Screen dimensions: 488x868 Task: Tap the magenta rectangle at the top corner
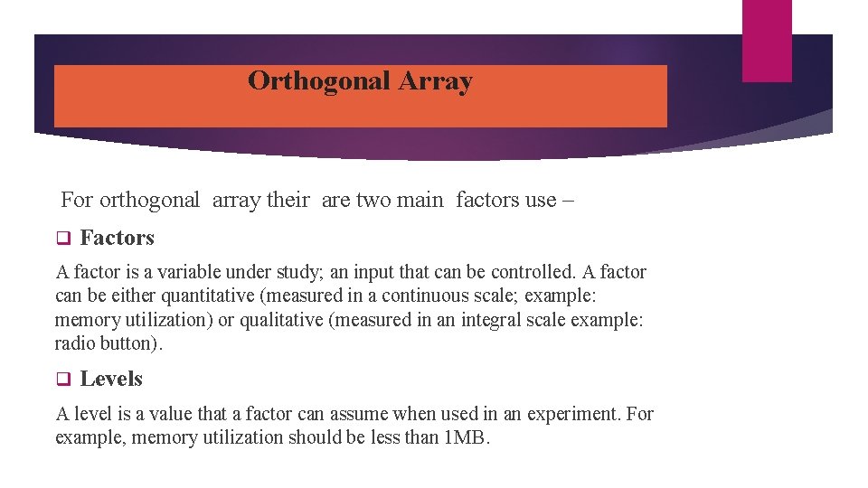(x=767, y=40)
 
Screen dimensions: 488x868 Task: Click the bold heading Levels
(x=111, y=380)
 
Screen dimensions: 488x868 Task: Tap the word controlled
(x=531, y=272)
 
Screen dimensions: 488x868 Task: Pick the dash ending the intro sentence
(x=567, y=200)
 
